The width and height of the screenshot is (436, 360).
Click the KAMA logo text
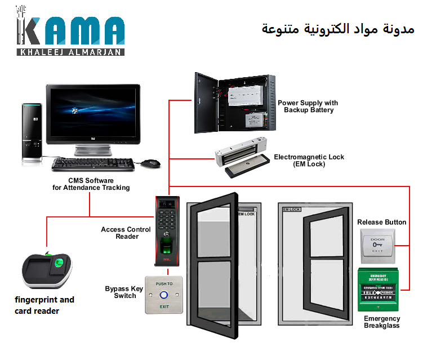pyautogui.click(x=70, y=32)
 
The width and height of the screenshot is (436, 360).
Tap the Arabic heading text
pyautogui.click(x=338, y=28)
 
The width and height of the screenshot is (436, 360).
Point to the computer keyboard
pyautogui.click(x=93, y=165)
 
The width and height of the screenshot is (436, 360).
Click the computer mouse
pyautogui.click(x=150, y=163)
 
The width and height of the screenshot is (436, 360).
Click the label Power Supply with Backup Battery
pyautogui.click(x=308, y=106)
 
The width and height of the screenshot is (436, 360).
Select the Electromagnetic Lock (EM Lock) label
pyautogui.click(x=309, y=161)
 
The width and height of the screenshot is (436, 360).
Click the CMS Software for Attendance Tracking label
pyautogui.click(x=91, y=184)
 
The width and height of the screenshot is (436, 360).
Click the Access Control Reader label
pyautogui.click(x=126, y=233)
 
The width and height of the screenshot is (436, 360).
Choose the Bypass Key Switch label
pyautogui.click(x=124, y=292)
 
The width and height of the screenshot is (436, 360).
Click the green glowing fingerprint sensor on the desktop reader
pyautogui.click(x=61, y=263)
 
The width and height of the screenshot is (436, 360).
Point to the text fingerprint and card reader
pyautogui.click(x=45, y=305)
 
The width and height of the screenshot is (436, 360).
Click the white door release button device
pyautogui.click(x=377, y=246)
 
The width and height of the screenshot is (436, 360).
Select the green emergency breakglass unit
pyautogui.click(x=379, y=290)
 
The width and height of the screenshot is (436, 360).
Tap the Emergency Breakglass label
pyautogui.click(x=381, y=322)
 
